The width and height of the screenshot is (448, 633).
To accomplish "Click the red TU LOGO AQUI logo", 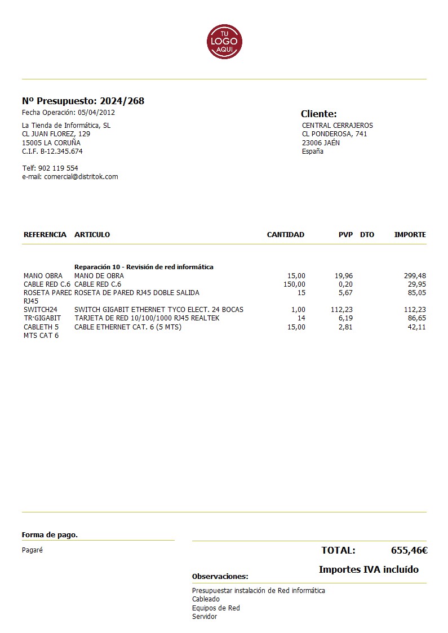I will point(224,41).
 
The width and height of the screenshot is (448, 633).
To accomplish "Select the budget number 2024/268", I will point(122,101).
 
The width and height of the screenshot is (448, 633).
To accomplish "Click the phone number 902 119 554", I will point(58,168).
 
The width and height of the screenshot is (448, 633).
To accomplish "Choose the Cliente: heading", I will point(318,114).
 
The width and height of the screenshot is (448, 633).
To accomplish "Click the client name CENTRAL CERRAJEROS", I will point(337,126).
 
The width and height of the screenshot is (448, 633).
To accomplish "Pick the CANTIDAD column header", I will point(285,235).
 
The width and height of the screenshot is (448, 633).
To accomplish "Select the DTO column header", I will point(367,235).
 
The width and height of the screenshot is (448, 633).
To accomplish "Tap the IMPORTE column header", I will point(410,235).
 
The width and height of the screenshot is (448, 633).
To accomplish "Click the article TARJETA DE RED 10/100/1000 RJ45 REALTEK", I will point(147,318).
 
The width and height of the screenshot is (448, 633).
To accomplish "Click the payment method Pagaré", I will point(32,550).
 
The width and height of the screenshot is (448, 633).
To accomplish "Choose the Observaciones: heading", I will point(220,577).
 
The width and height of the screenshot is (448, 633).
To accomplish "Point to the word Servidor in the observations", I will point(205,617).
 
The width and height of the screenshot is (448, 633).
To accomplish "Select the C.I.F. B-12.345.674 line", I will point(52,151).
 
